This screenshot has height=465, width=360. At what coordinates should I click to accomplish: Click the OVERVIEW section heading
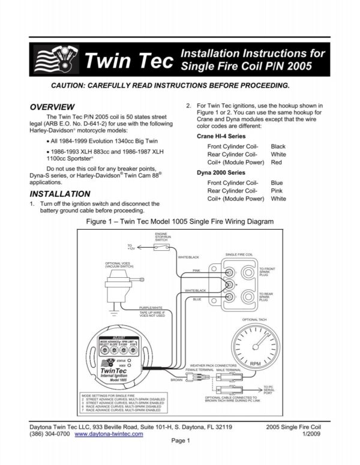(52, 106)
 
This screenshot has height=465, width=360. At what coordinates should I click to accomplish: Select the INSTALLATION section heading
(60, 194)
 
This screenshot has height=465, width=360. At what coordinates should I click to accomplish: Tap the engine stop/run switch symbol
(161, 248)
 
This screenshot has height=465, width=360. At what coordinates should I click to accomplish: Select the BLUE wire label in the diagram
(197, 298)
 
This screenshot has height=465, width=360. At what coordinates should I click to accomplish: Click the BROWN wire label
(176, 380)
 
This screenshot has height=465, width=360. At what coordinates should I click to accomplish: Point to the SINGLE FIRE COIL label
(239, 254)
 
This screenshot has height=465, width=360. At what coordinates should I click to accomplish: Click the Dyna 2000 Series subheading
(221, 173)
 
